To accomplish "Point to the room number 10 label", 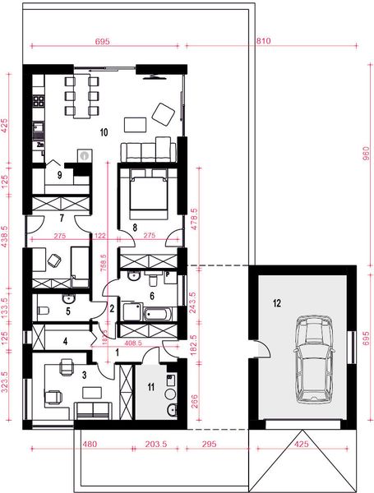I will [104, 131].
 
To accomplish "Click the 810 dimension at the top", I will [264, 40].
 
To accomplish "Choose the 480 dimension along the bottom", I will [90, 445].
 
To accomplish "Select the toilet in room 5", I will [46, 310].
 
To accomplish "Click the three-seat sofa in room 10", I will [149, 150].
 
